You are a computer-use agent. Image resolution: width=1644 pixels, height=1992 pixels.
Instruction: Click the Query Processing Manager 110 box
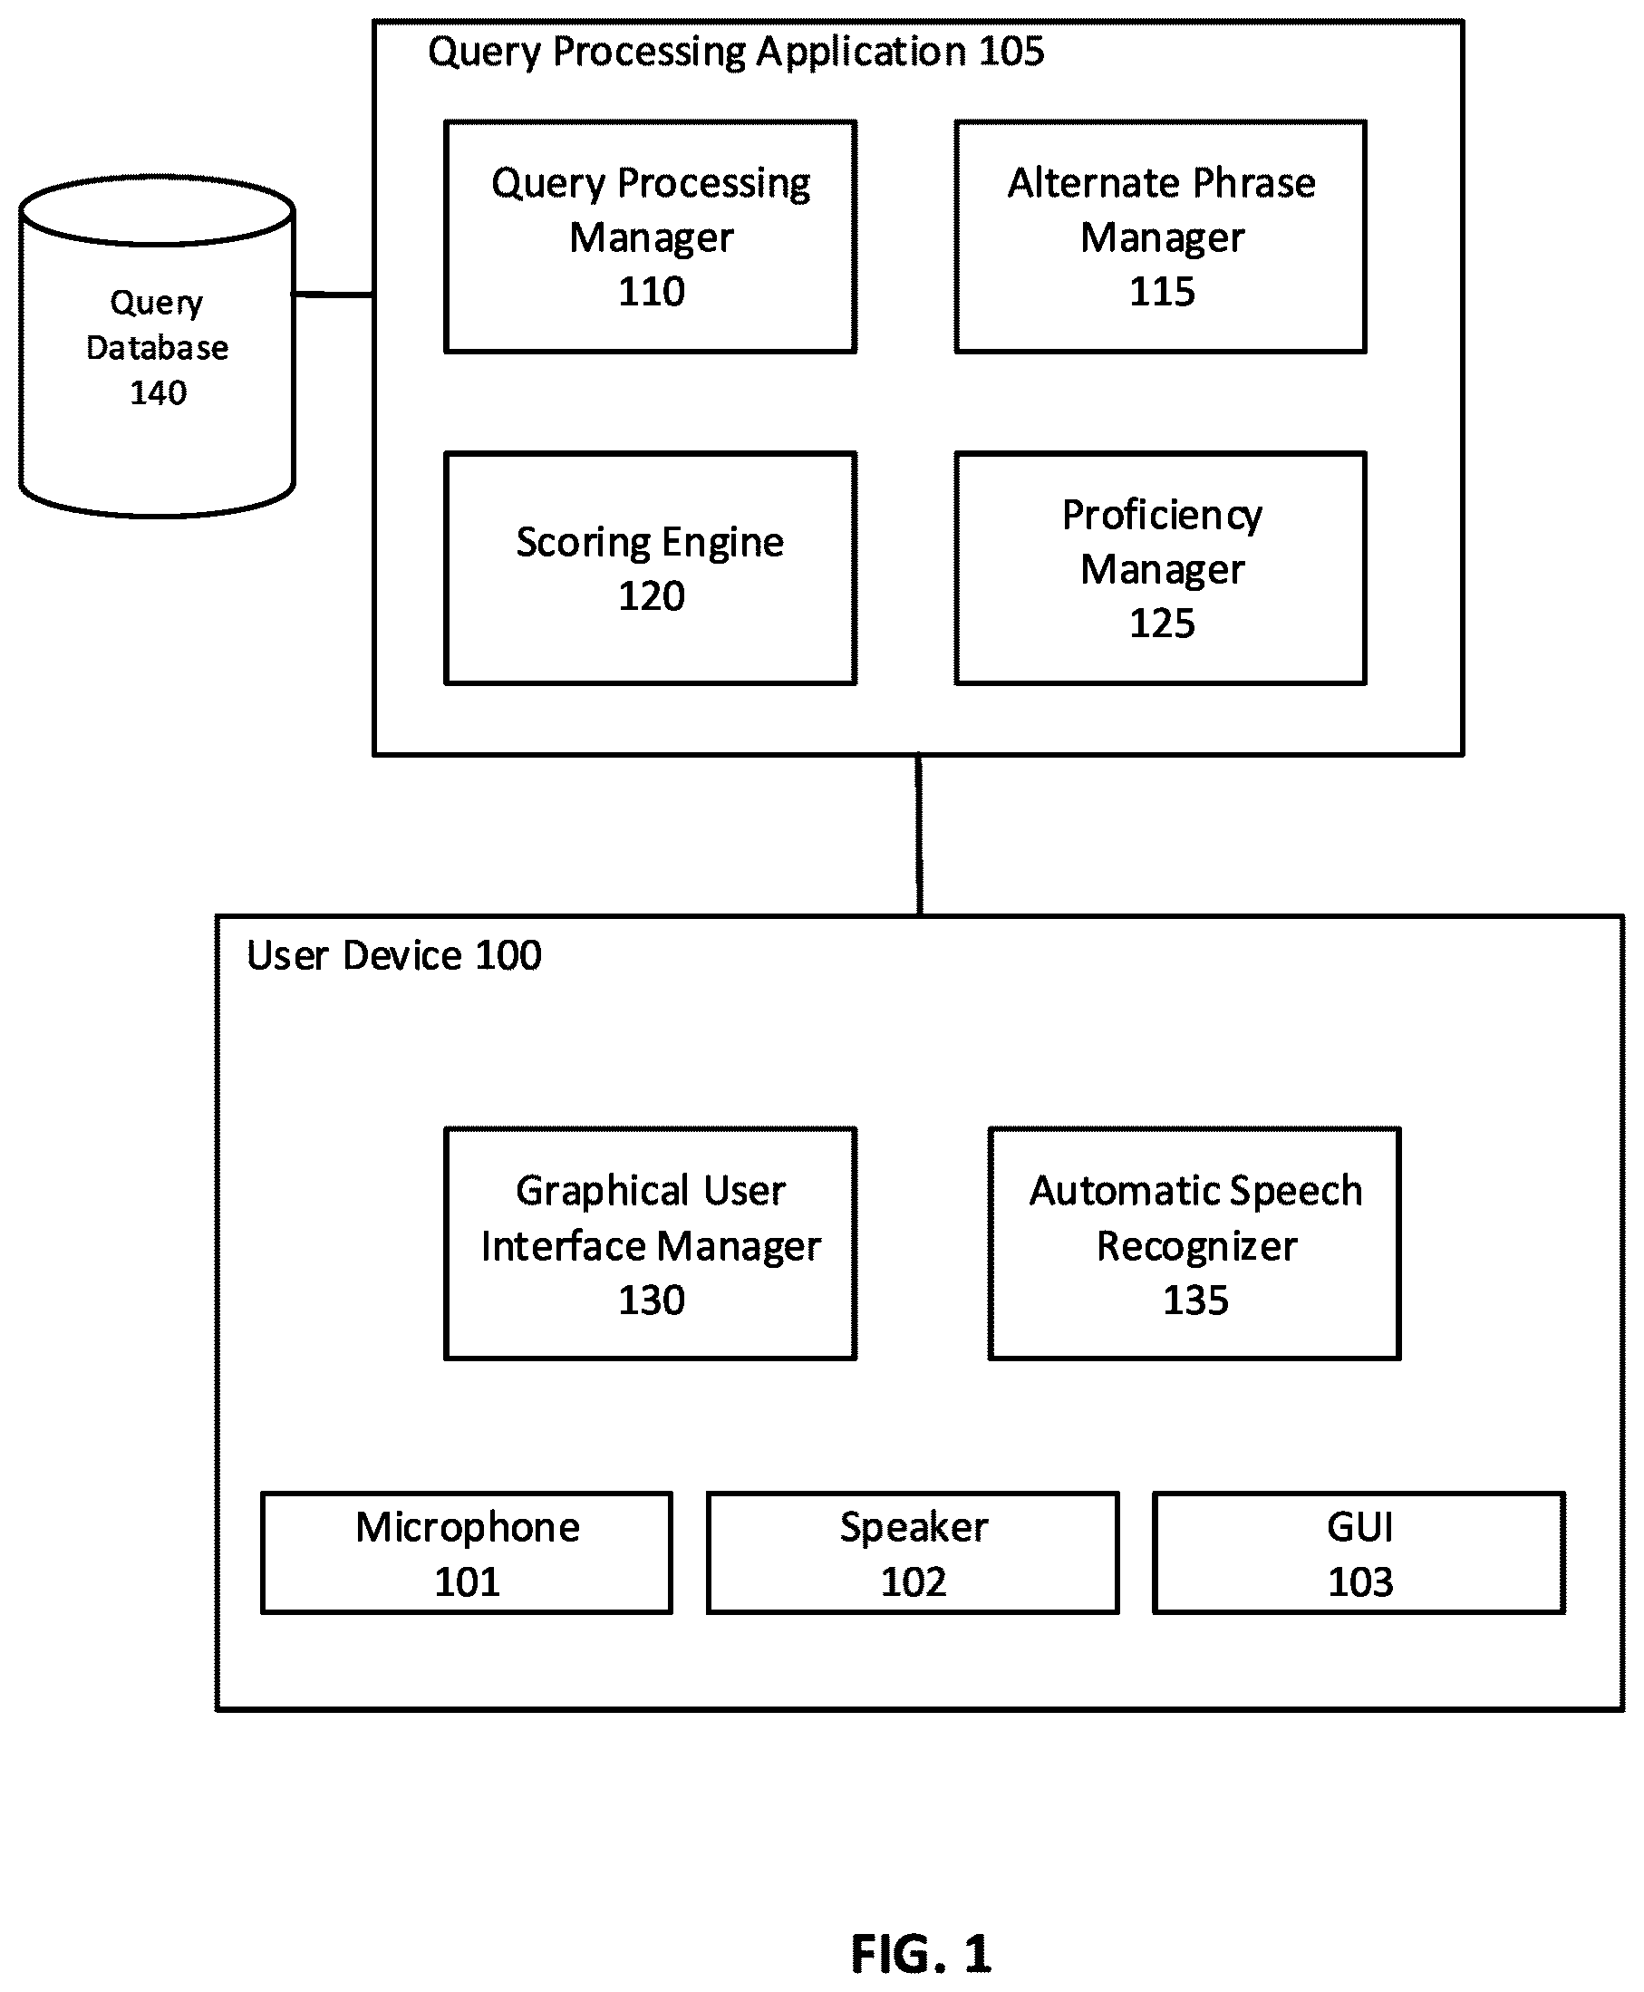point(651,237)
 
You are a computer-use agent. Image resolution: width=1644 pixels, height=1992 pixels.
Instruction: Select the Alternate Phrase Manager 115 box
point(1161,237)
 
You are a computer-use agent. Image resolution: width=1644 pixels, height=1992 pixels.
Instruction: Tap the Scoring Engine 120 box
point(651,568)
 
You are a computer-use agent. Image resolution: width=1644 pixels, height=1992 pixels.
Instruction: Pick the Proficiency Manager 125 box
point(1161,568)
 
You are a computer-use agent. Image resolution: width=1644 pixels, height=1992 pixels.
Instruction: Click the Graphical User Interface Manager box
point(651,1244)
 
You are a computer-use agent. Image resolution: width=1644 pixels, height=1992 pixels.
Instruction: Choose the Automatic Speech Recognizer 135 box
point(1194,1244)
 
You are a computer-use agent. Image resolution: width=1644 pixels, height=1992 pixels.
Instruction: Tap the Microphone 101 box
point(467,1552)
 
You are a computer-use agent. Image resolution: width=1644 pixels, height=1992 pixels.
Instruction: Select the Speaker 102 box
point(913,1552)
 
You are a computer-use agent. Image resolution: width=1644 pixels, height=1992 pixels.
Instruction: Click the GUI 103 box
point(1359,1552)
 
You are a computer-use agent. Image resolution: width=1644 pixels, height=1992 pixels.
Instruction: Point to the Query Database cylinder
point(157,346)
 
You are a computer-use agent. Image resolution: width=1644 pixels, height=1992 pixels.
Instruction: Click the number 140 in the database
point(159,392)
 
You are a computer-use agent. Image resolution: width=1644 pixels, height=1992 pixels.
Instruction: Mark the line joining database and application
point(334,295)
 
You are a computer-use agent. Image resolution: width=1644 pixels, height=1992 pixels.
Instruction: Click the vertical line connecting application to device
point(919,835)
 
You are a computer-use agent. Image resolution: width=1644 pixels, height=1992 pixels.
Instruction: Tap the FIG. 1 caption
point(921,1954)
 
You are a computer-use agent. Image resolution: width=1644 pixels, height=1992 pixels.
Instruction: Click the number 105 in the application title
point(1011,51)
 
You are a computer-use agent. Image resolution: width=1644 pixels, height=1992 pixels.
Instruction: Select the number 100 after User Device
point(508,955)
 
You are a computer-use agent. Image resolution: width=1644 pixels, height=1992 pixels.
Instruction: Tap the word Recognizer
point(1196,1247)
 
